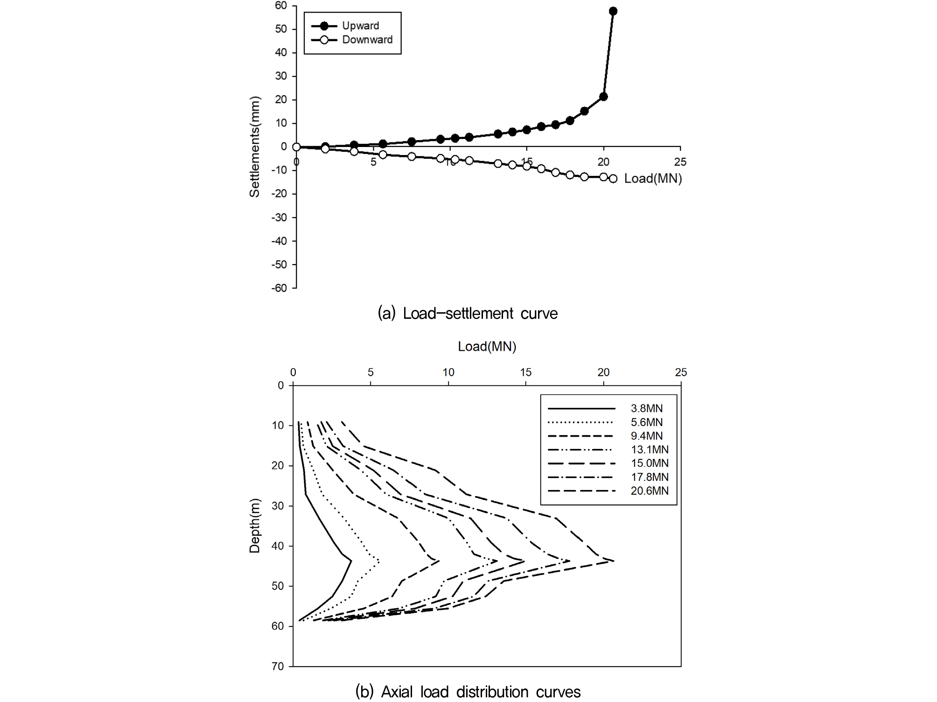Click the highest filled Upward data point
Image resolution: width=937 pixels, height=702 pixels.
(613, 11)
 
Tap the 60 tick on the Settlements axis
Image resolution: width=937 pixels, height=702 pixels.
(281, 6)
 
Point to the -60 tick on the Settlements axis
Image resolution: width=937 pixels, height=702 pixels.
(279, 288)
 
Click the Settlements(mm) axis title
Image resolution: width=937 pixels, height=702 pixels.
(254, 147)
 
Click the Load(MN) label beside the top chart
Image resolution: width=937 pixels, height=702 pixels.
(653, 178)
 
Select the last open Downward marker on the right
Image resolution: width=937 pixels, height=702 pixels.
(613, 179)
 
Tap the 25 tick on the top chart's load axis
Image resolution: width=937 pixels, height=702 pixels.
(680, 162)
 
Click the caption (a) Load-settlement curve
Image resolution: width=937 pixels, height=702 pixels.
(468, 313)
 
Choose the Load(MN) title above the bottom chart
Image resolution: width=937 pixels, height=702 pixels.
(487, 346)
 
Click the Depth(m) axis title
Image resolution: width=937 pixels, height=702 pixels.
(254, 526)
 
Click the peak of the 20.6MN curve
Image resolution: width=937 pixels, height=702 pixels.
(613, 561)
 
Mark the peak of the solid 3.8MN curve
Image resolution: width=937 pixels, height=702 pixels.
(351, 561)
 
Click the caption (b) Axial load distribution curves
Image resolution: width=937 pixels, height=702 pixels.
(468, 691)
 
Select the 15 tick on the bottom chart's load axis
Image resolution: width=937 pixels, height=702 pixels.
(525, 372)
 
